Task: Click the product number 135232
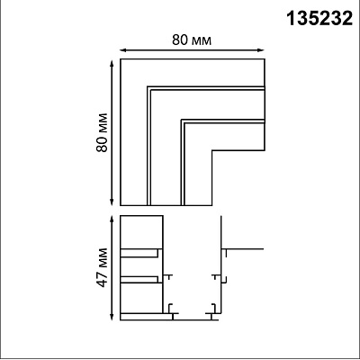(319, 19)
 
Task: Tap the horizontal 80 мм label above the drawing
(192, 40)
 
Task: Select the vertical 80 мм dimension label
(103, 132)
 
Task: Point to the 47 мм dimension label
(103, 267)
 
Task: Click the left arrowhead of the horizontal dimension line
(123, 50)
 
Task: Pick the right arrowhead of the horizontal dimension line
(262, 50)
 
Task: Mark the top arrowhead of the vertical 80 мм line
(112, 63)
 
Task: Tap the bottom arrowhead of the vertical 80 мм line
(112, 202)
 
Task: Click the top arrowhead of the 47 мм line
(112, 220)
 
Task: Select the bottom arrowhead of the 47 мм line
(112, 317)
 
